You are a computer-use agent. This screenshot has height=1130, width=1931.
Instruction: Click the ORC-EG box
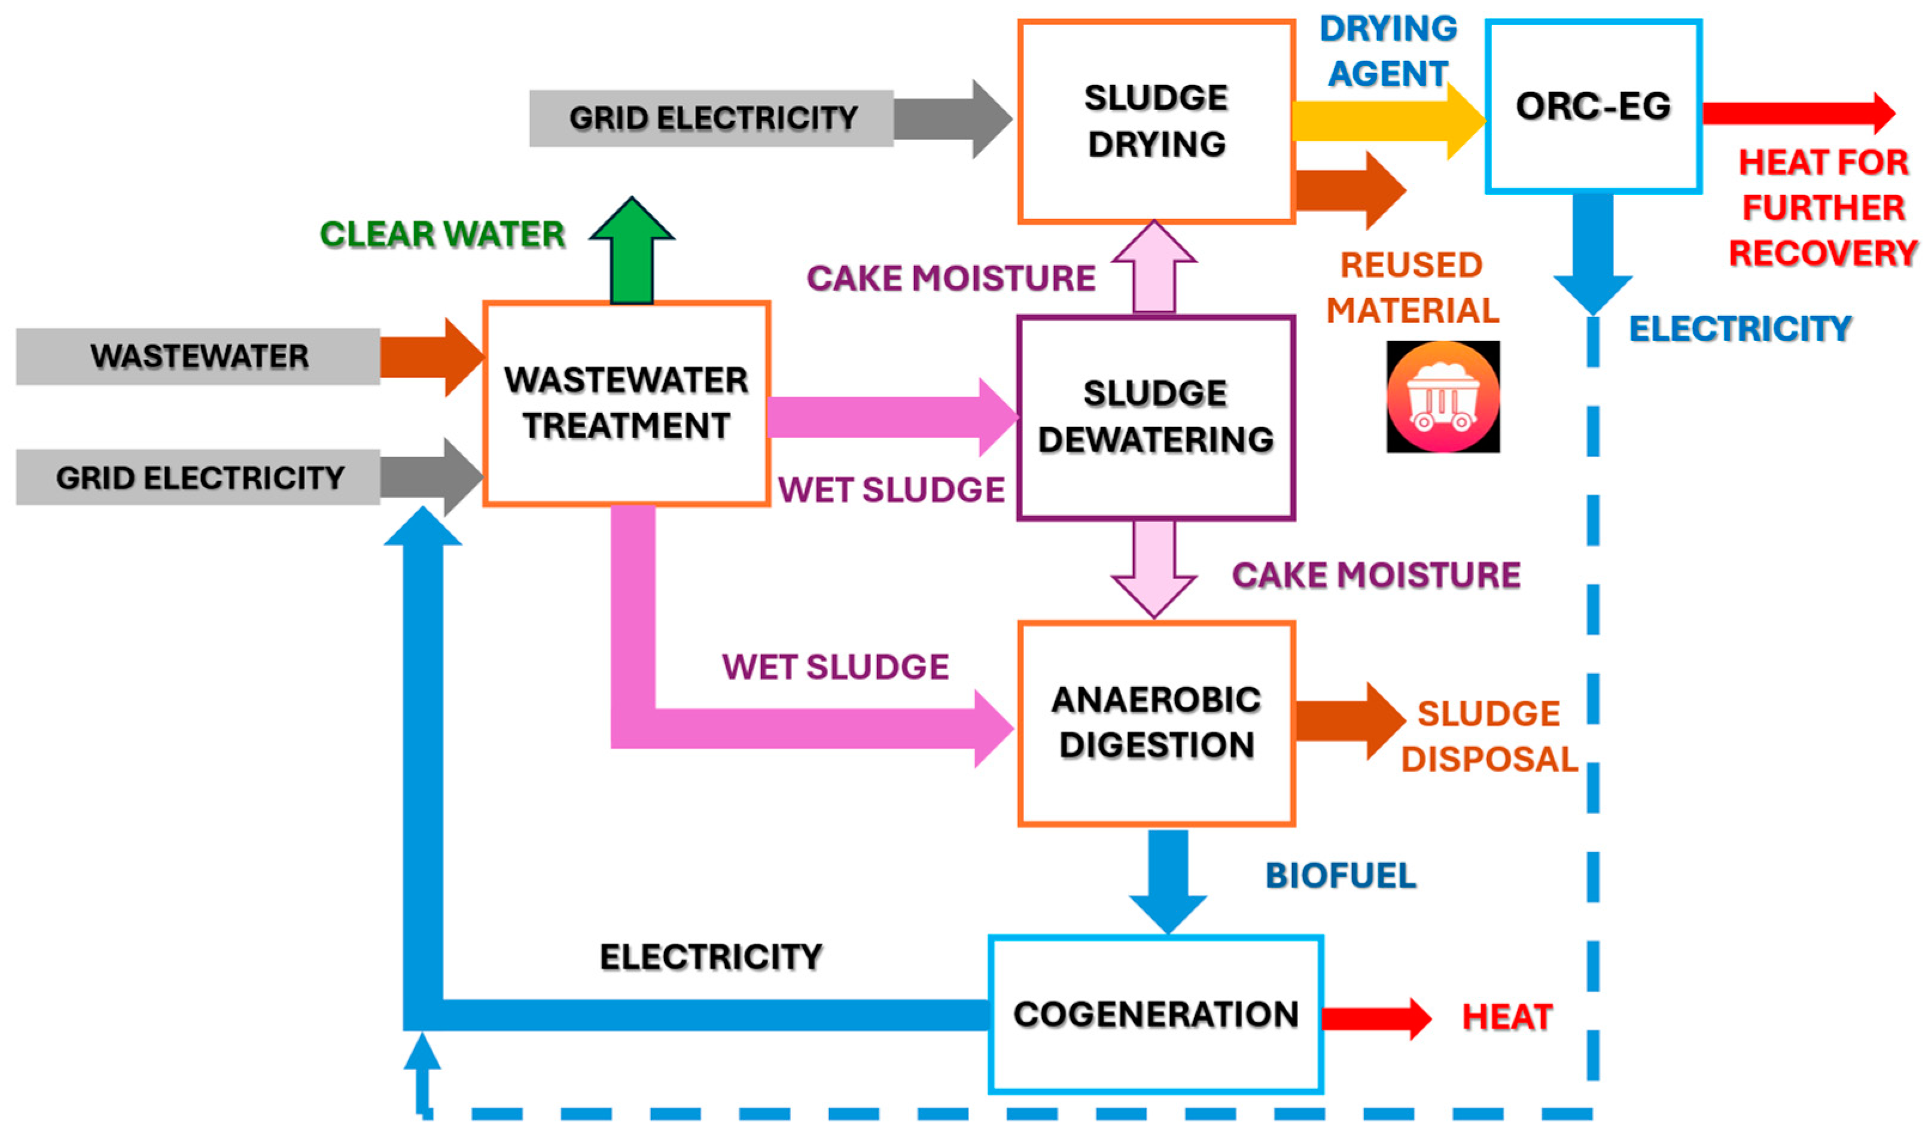[x=1593, y=106]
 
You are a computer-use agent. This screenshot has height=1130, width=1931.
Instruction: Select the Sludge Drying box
[x=1156, y=121]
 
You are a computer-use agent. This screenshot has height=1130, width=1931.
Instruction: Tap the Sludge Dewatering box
[x=1156, y=418]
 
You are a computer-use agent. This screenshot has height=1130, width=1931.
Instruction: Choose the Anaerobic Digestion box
[x=1156, y=723]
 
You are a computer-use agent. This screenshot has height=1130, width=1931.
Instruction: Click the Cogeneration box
[x=1156, y=1013]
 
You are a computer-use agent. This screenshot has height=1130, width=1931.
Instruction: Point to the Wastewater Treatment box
[x=626, y=404]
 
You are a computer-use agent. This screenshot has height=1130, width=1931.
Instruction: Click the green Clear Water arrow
[x=632, y=251]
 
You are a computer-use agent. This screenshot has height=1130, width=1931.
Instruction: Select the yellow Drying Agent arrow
[x=1388, y=121]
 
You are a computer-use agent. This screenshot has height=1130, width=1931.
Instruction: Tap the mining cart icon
[x=1443, y=396]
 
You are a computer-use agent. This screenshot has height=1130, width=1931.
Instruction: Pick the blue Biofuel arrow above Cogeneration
[x=1168, y=882]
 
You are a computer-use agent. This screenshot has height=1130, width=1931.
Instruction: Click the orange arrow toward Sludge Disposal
[x=1350, y=721]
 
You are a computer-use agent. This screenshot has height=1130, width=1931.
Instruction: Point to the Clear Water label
[x=442, y=234]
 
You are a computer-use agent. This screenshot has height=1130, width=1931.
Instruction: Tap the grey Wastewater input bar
[x=197, y=357]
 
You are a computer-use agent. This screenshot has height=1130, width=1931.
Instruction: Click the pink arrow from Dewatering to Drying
[x=1154, y=267]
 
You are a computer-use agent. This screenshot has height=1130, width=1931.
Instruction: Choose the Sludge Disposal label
[x=1489, y=736]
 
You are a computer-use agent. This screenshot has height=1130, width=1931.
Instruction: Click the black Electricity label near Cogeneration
[x=710, y=957]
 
